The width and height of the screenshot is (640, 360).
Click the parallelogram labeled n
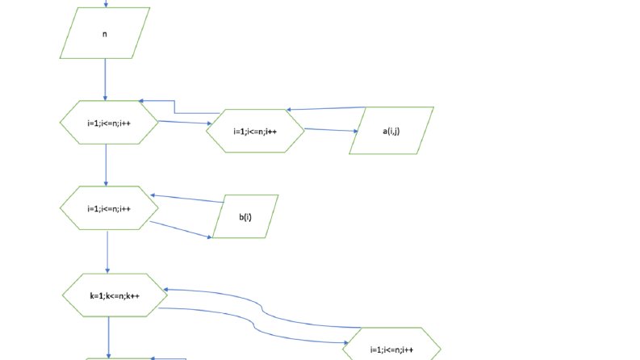[x=105, y=33]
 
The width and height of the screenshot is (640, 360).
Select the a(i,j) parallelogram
[x=391, y=131]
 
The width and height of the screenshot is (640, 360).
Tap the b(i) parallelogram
[x=245, y=216]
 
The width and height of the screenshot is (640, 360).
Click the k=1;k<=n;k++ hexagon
[x=115, y=295]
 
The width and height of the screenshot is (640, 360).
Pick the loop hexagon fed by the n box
[x=109, y=123]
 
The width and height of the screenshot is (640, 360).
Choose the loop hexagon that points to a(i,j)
[x=255, y=131]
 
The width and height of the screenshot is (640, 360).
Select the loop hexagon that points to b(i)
[x=109, y=208]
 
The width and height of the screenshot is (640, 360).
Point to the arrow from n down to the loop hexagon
[x=105, y=80]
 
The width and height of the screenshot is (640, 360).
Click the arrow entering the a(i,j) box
[x=331, y=130]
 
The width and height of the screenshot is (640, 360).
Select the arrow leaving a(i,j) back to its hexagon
[x=326, y=109]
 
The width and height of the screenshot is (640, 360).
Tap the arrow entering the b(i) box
[x=181, y=229]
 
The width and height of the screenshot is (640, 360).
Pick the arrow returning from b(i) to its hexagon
[x=187, y=199]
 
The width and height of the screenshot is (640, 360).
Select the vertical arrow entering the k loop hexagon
[x=107, y=252]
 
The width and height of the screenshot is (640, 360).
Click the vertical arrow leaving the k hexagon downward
[x=109, y=337]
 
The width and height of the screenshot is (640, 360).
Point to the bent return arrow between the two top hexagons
[x=174, y=106]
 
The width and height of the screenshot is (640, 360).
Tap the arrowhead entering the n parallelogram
[x=106, y=6]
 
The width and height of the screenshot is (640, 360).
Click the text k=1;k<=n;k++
[x=115, y=296]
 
